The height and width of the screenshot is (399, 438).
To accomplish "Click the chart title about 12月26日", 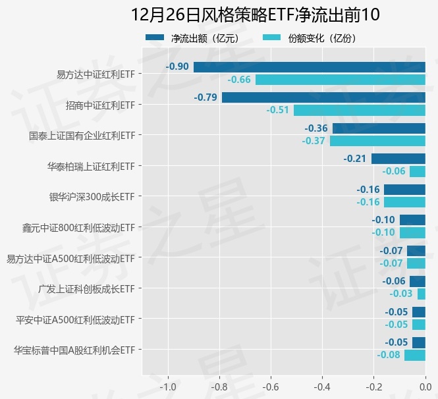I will pos(255,14).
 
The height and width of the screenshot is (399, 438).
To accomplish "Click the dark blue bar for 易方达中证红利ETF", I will pos(309,66).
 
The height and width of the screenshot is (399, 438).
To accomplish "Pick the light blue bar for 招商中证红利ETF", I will pos(359,110).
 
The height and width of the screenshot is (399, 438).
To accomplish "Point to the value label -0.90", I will pos(177,66).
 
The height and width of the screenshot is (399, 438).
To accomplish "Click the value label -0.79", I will pos(205,97).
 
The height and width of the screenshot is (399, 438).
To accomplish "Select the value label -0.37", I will pos(314,141).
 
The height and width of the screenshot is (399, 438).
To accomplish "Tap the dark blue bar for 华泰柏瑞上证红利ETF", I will pos(398,159).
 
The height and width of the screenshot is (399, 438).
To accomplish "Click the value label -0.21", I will pos(355,159).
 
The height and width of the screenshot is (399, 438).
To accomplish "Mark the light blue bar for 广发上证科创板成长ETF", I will pos(421,294).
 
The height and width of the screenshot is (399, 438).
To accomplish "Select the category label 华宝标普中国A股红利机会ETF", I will pos(74,350).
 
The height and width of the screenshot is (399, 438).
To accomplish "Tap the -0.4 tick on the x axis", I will pos(322,386).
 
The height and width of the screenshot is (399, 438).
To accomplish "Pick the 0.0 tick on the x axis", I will pos(425,386).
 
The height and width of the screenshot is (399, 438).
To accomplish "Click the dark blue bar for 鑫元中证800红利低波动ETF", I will pos(412,220).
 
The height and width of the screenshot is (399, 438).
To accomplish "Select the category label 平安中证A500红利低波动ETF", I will pos(75,320).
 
